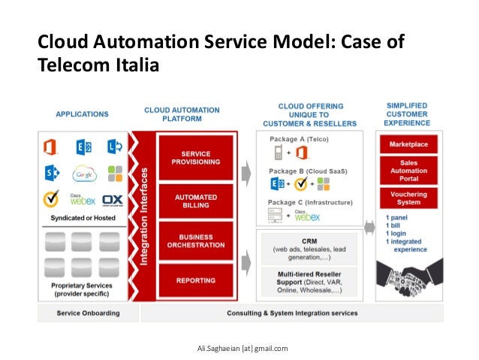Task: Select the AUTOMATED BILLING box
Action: click(x=196, y=200)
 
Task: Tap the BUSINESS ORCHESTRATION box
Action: click(x=196, y=241)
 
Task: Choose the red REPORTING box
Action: click(x=196, y=280)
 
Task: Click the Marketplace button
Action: click(x=408, y=143)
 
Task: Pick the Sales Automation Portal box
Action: click(x=408, y=170)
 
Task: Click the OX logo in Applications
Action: click(x=113, y=201)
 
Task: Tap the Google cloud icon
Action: click(x=84, y=174)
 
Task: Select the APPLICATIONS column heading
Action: click(x=82, y=114)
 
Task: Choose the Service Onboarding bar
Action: click(x=85, y=313)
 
